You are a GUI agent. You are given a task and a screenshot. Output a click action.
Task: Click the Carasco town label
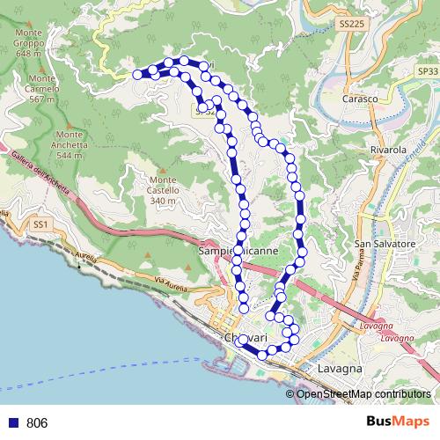point(359,99)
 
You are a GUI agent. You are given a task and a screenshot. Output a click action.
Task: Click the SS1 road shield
point(40,224)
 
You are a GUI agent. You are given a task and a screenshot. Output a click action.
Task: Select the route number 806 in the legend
point(37,422)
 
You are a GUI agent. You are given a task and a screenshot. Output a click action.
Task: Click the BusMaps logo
point(398,422)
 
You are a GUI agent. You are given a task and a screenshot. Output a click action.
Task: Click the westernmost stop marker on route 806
point(138,75)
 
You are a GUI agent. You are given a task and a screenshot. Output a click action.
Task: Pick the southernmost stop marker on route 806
point(262,355)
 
